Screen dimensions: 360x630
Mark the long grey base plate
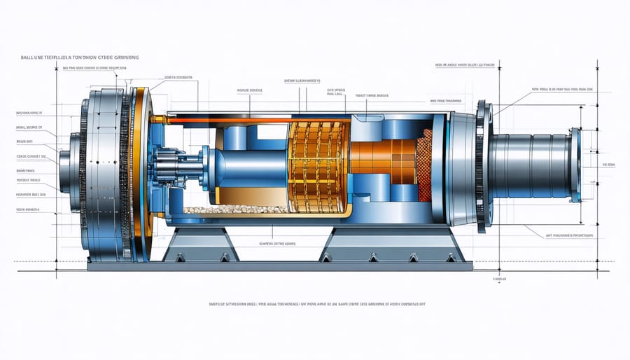coord(280,265)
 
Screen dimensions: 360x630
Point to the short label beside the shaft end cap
coord(607,165)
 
